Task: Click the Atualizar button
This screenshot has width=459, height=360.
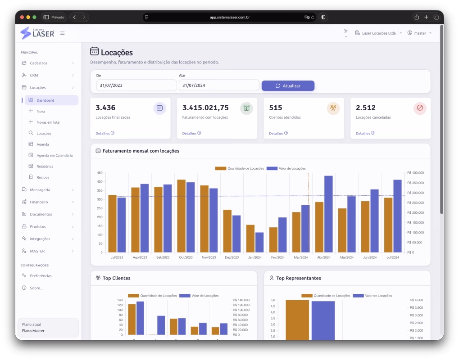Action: (288, 85)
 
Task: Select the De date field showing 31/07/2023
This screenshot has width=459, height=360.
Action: (136, 85)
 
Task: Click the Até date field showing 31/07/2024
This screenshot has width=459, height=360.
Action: (219, 85)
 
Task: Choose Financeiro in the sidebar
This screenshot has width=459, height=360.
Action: (39, 202)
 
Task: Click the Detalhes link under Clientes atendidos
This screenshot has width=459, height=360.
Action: (278, 133)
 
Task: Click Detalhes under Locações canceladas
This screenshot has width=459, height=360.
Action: (365, 133)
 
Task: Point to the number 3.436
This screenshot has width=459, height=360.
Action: (105, 108)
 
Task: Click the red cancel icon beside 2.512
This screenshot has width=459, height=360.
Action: (420, 108)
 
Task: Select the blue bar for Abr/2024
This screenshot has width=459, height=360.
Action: (328, 214)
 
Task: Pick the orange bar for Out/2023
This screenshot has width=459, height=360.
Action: (182, 216)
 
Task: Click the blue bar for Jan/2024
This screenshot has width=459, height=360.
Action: (259, 243)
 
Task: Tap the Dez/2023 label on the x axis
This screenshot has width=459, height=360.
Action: (232, 258)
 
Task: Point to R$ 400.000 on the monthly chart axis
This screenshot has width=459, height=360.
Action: (415, 173)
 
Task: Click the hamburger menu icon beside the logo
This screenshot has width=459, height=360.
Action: (62, 33)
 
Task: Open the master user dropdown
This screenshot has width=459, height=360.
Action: (419, 33)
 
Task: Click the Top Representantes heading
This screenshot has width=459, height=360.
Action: (299, 278)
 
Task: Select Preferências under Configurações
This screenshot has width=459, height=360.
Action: (41, 276)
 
